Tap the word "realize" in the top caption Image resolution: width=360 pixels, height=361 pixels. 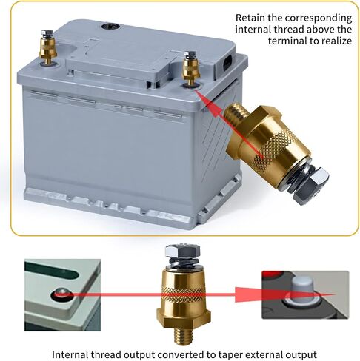[337, 41]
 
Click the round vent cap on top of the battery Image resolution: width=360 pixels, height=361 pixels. [110, 26]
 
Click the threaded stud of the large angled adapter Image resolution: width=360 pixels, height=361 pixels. [237, 112]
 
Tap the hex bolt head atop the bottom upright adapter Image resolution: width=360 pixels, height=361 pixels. [182, 251]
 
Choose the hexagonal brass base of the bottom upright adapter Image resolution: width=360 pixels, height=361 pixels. [184, 317]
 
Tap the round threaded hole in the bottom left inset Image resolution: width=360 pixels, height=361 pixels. [62, 294]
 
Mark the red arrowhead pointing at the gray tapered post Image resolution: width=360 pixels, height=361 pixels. [247, 294]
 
